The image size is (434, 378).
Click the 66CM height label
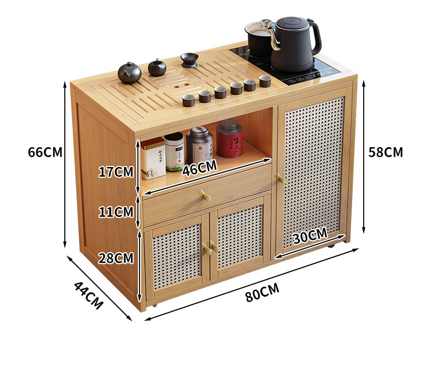coord(45,152)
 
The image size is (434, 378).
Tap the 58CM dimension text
coord(386,152)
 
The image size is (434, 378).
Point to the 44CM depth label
coord(88,295)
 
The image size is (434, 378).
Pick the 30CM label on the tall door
coord(310,237)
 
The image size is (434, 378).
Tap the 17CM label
coord(116,172)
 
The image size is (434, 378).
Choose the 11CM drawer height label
coord(116,211)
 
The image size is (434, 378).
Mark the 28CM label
coord(116,257)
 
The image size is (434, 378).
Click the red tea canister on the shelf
coord(230,138)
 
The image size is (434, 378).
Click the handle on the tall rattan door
coord(282,180)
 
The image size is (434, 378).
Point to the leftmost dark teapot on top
coord(130,72)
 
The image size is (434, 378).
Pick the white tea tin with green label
coord(174,151)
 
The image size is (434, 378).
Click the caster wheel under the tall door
coord(331,249)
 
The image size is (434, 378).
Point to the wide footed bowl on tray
coord(189,59)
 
